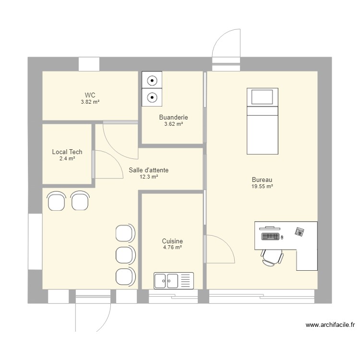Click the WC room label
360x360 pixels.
[x=90, y=95]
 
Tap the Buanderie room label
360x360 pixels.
[x=173, y=117]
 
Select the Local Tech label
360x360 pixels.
[x=67, y=152]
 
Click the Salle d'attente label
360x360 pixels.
[x=148, y=170]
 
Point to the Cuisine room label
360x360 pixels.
[x=172, y=241]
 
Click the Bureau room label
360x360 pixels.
[x=262, y=180]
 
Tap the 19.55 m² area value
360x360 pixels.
[x=262, y=187]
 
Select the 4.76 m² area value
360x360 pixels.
[x=172, y=248]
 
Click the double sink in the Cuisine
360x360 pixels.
[x=173, y=280]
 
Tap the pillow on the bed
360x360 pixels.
[x=262, y=97]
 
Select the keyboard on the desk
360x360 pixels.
[x=270, y=236]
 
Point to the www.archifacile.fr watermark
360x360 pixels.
[x=330, y=325]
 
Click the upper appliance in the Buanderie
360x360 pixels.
[x=152, y=81]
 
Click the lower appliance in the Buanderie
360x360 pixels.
[x=152, y=98]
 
